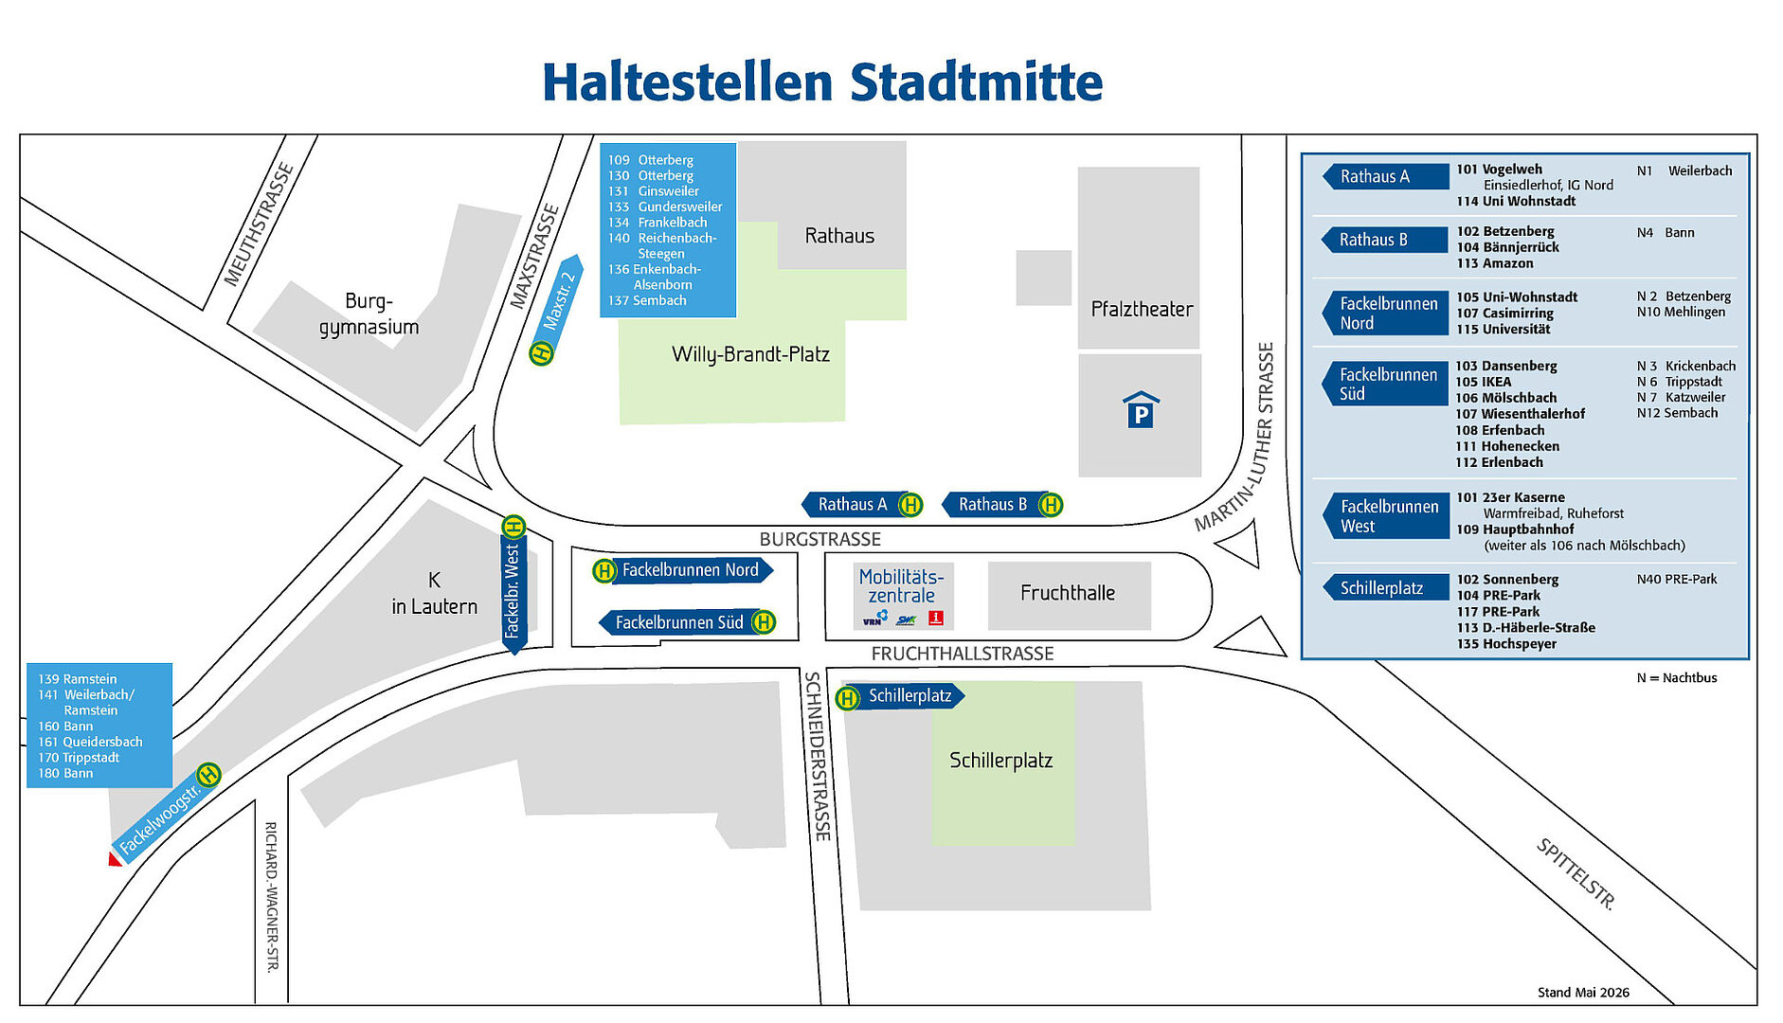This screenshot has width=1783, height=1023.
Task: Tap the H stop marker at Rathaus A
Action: (x=910, y=505)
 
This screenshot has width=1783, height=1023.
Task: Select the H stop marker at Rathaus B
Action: (x=1050, y=505)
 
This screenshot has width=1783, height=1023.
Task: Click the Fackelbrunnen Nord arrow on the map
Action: (x=691, y=570)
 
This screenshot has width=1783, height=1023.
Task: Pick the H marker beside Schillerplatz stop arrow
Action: (x=847, y=698)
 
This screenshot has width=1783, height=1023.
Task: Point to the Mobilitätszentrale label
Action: (x=901, y=586)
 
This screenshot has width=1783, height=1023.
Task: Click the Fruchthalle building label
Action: (x=1068, y=593)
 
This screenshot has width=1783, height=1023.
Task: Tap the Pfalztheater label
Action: (x=1142, y=309)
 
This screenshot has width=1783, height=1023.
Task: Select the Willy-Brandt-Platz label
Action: (x=750, y=354)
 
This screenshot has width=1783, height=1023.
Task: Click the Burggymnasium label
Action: (x=369, y=314)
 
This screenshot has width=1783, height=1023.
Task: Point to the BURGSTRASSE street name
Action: (x=819, y=539)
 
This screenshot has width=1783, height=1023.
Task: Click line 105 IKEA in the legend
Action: (x=1484, y=382)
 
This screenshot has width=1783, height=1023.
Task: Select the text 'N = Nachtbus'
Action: (x=1677, y=678)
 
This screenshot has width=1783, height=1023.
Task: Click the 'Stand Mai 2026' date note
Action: (x=1583, y=993)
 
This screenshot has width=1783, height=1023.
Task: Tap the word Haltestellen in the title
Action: (x=688, y=82)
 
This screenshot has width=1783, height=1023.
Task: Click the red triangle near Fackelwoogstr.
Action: (x=115, y=859)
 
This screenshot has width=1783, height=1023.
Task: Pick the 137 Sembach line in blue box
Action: (x=647, y=300)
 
